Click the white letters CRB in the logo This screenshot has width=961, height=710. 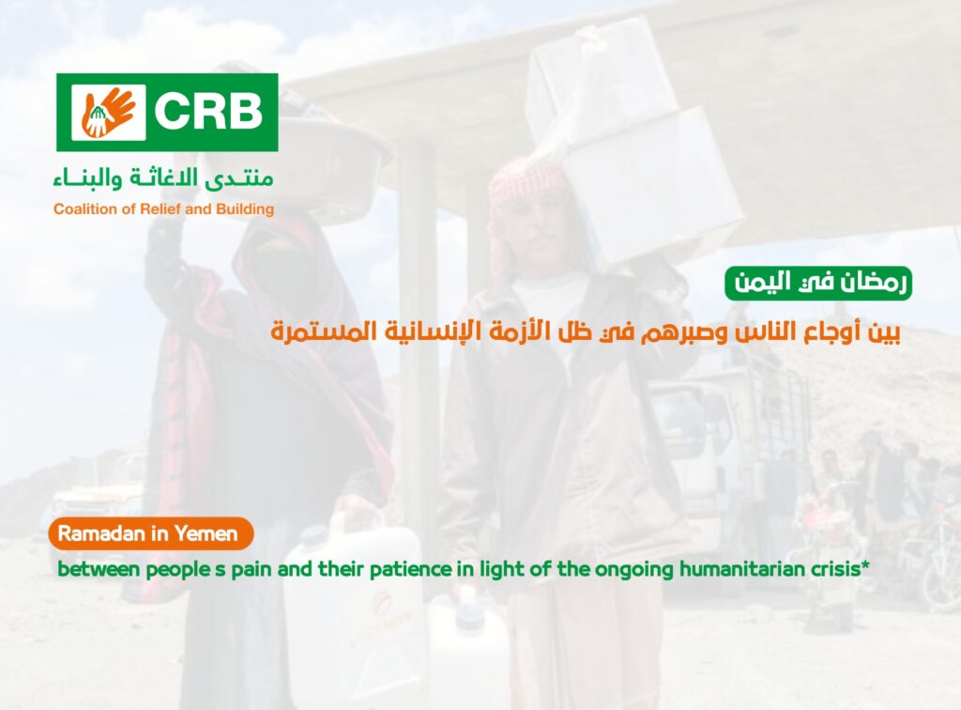pos(208,111)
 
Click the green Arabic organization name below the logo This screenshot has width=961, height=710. pos(163,177)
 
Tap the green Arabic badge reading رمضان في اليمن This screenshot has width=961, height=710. pos(818,284)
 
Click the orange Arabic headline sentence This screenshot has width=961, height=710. pos(586,332)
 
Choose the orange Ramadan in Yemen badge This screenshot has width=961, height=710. pos(151,533)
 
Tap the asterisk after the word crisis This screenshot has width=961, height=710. pos(864,565)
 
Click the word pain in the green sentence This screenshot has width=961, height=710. pos(252,570)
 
